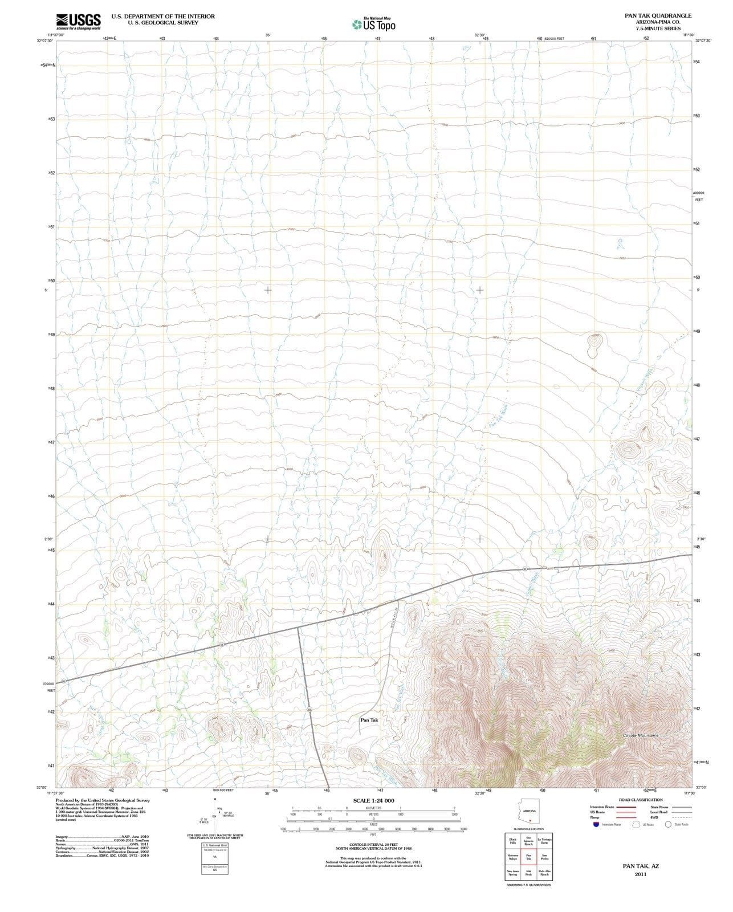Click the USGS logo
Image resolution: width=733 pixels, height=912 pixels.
[78, 22]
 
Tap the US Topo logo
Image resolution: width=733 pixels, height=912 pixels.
[373, 25]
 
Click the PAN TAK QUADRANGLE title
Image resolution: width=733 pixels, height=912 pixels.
[658, 15]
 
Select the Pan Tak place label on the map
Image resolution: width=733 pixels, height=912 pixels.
[369, 720]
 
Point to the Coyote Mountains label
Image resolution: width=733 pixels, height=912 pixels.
[640, 735]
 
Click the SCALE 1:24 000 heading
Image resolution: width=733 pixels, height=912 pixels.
[373, 800]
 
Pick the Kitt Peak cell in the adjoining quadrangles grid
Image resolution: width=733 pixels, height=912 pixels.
[528, 873]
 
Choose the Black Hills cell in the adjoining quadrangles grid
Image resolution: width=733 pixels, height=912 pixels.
[512, 841]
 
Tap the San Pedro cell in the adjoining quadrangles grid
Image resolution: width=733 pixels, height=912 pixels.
[544, 857]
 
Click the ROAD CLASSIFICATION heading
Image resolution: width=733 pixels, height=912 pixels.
[641, 800]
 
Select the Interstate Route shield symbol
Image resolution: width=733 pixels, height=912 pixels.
[596, 824]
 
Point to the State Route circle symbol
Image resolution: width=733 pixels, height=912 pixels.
[668, 824]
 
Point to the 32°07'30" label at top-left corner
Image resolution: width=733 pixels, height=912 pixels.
[45, 40]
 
